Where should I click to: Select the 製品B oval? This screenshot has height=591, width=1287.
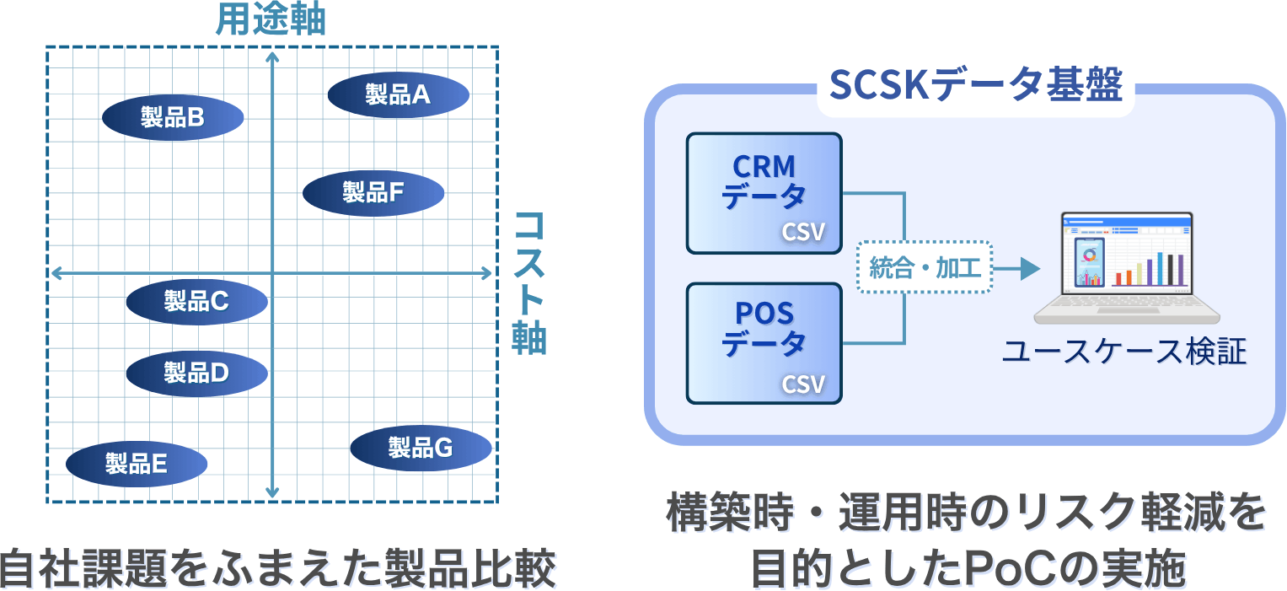click(x=173, y=117)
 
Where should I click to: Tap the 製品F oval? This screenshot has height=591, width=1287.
click(x=373, y=192)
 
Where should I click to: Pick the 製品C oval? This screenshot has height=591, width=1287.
click(x=196, y=300)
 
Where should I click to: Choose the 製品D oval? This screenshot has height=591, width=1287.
click(x=196, y=372)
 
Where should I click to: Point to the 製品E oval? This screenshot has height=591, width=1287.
click(x=137, y=463)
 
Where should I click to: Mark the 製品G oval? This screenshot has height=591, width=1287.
click(x=421, y=448)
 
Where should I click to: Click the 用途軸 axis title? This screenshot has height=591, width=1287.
click(x=270, y=19)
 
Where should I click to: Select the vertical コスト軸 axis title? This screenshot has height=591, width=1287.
click(x=530, y=282)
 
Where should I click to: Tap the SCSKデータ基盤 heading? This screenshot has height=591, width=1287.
click(x=976, y=84)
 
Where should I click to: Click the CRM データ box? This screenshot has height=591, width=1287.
click(x=764, y=193)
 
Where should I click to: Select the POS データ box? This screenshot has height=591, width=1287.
click(x=764, y=342)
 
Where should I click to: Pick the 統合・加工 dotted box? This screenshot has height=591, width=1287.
click(x=925, y=268)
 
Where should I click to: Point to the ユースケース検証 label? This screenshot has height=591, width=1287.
click(x=1123, y=352)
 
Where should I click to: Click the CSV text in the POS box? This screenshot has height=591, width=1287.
click(x=803, y=384)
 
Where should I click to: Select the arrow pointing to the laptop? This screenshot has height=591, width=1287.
click(x=1017, y=269)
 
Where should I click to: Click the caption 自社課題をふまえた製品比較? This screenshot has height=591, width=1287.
click(x=278, y=567)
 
